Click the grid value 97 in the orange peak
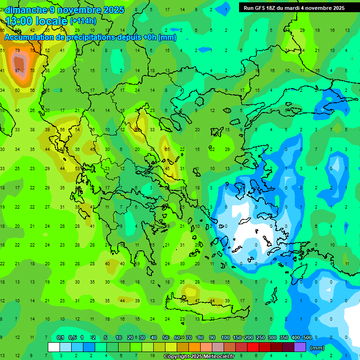click(x=17, y=70)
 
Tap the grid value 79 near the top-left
click(x=17, y=50)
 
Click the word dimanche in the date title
click(x=26, y=10)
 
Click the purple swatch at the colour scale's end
click(x=300, y=347)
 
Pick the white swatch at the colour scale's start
click(x=54, y=347)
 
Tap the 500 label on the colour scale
click(x=307, y=337)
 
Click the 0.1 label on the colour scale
click(x=60, y=337)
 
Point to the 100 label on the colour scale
click(x=225, y=337)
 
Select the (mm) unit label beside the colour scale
click(x=317, y=348)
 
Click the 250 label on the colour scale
click(x=260, y=337)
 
